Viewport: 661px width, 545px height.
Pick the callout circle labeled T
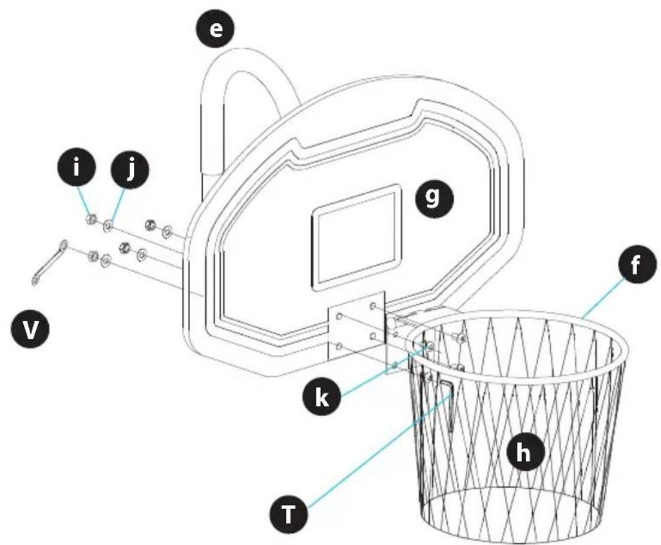[288, 513]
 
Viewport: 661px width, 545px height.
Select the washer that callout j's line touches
[107, 225]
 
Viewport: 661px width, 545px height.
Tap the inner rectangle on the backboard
[356, 236]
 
